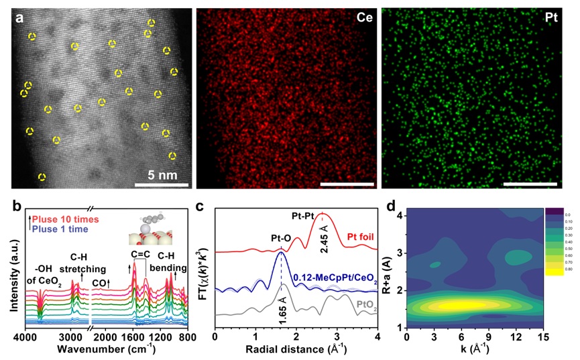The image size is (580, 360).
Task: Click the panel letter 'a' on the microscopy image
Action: click(20, 18)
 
